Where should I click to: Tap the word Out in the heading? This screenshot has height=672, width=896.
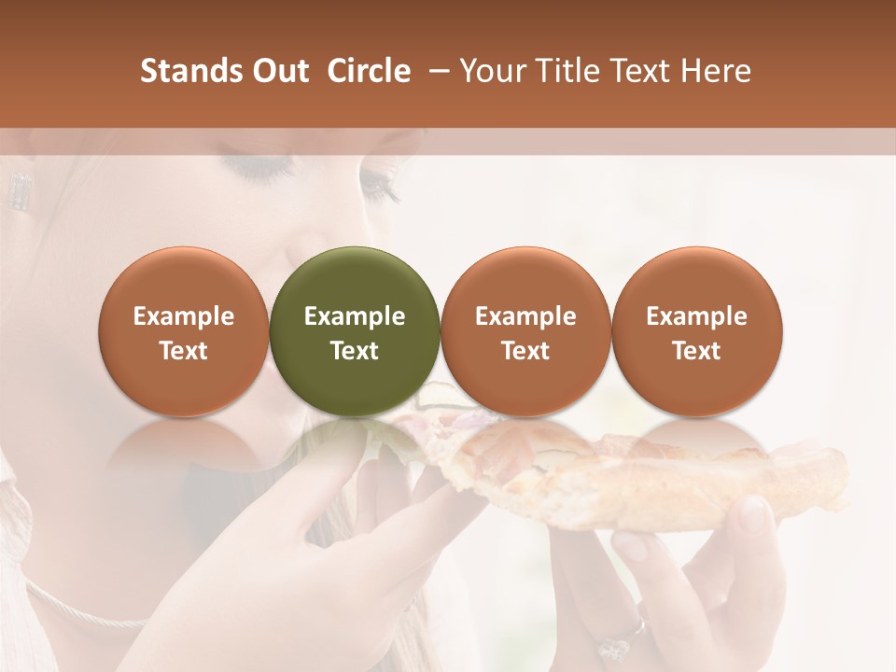point(281,71)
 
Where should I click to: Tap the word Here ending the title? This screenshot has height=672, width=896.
point(716,71)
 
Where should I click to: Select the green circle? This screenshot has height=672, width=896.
point(355,330)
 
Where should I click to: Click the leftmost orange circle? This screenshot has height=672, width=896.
point(184,330)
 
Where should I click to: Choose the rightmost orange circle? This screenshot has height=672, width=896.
point(696,330)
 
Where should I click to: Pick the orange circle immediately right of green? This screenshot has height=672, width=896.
point(525,330)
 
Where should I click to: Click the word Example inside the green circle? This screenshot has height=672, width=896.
point(355,316)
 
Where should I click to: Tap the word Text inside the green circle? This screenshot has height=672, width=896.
point(355,351)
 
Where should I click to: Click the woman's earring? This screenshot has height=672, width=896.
point(18,190)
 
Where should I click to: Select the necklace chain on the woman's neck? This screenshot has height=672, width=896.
point(84,611)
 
